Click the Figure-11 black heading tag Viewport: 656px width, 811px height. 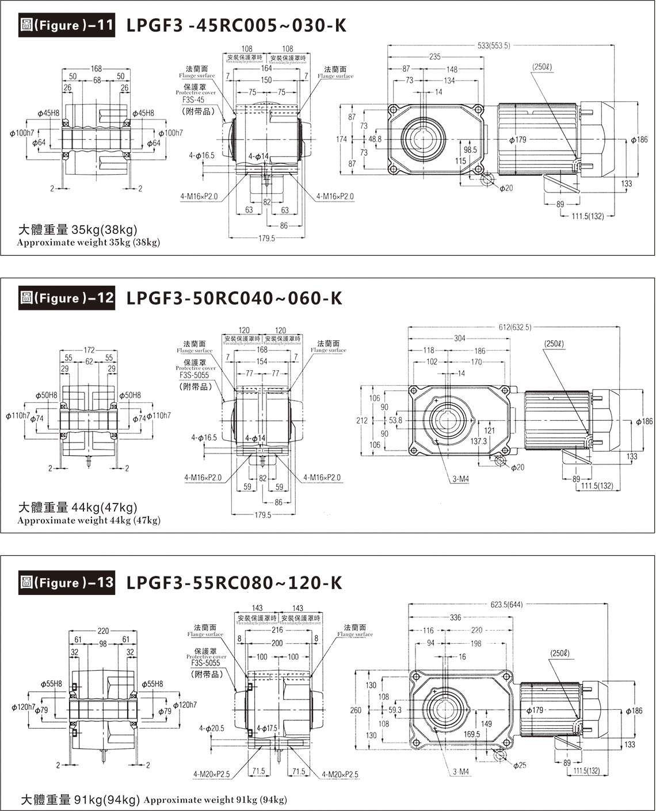click(x=67, y=26)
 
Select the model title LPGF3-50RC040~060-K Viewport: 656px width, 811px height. click(x=234, y=298)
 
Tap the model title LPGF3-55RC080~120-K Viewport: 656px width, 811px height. click(x=234, y=583)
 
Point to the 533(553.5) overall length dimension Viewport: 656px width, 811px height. click(x=494, y=45)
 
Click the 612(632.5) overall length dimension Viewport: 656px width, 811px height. click(x=515, y=327)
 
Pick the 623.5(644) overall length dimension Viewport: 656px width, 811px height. click(x=507, y=605)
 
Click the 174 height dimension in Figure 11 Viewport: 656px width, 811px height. click(x=341, y=140)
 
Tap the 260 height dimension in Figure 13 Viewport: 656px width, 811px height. click(x=356, y=710)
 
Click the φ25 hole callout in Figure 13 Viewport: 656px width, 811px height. click(x=520, y=765)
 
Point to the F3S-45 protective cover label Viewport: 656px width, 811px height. click(x=189, y=99)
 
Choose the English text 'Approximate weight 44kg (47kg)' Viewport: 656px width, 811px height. click(x=89, y=521)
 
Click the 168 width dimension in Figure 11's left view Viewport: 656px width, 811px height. click(x=96, y=69)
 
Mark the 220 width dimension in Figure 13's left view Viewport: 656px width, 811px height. click(x=103, y=631)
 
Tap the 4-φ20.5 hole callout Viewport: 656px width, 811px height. click(x=212, y=728)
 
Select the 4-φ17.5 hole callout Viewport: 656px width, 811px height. click(x=267, y=728)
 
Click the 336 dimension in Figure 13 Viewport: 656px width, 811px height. click(x=456, y=618)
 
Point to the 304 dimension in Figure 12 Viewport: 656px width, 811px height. click(x=459, y=339)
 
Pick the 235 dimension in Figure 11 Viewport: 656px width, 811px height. click(x=435, y=57)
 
